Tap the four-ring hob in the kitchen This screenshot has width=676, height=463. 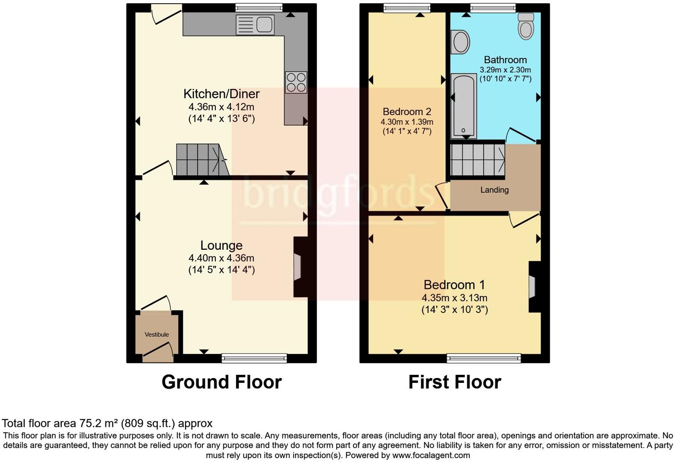point(296,82)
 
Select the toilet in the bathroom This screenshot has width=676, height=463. point(526,26)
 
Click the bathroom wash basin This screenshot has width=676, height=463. point(460,42)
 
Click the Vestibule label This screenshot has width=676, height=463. point(157,334)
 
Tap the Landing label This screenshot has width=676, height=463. point(494,190)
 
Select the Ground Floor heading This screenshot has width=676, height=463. point(221,382)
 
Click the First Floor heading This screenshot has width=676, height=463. point(455,382)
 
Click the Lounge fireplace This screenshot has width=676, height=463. point(298,267)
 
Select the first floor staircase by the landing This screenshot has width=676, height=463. point(478,160)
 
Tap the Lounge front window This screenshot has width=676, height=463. point(254,358)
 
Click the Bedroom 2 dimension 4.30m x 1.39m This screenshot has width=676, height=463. point(406,122)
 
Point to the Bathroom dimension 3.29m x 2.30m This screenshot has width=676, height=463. point(505,70)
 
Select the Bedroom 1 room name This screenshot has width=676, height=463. point(454,285)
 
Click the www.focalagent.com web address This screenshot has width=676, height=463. point(431,455)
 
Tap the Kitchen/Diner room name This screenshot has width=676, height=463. point(221,94)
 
